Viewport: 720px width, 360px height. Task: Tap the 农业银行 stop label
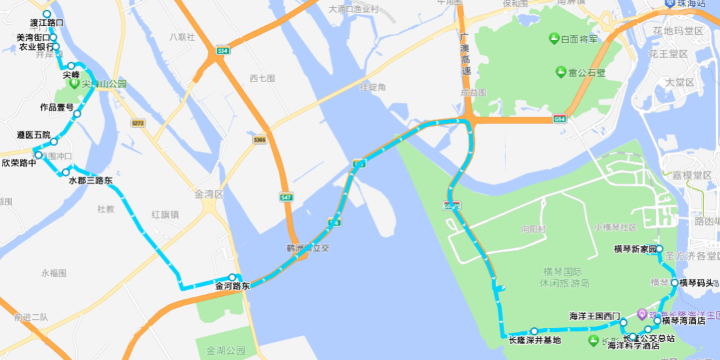click(37, 47)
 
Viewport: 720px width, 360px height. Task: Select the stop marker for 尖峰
click(71, 66)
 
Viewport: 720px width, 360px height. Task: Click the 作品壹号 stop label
click(57, 107)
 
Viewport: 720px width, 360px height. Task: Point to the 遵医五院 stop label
click(33, 135)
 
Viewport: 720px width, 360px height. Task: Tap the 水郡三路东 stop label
click(91, 180)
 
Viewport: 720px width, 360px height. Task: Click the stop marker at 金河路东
click(232, 277)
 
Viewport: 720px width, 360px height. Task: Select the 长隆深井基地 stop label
click(535, 341)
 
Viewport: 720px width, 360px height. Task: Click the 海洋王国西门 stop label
click(595, 316)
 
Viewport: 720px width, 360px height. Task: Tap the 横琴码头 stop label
click(697, 283)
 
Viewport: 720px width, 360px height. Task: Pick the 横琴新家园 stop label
click(635, 249)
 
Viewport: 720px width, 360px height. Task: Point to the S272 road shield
click(138, 123)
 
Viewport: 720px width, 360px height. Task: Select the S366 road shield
click(259, 139)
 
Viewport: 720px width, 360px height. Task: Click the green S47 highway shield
click(286, 197)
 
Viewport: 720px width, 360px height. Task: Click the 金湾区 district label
click(207, 195)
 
